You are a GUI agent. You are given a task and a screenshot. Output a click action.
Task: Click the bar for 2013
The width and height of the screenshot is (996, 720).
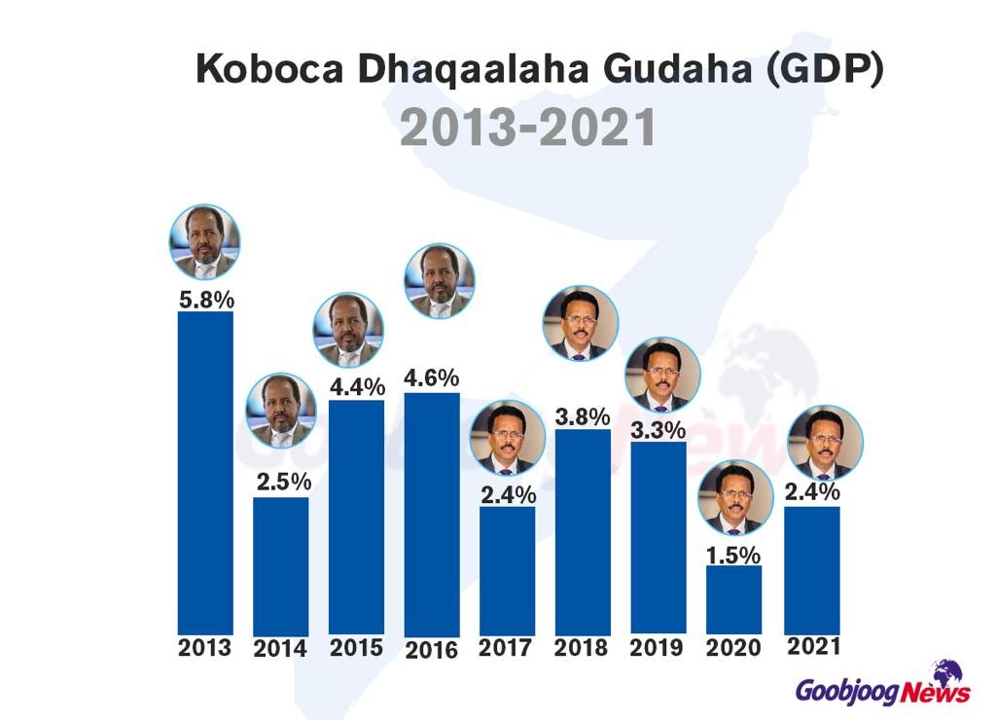[x=205, y=472]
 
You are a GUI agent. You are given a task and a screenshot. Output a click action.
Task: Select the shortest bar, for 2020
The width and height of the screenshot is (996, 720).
[x=734, y=599]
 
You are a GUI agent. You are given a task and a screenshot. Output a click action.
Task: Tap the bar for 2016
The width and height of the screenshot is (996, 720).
[x=432, y=514]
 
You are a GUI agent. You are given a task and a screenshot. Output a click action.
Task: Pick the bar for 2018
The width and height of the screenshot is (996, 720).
[x=583, y=530]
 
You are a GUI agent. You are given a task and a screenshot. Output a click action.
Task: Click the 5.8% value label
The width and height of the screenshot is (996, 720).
[x=205, y=298]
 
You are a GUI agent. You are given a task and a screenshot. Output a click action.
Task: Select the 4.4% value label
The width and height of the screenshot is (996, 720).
[x=356, y=386]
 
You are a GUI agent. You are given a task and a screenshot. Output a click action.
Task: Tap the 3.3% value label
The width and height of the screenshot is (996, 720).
[x=658, y=428]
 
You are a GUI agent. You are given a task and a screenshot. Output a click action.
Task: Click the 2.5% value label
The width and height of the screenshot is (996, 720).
[x=281, y=482]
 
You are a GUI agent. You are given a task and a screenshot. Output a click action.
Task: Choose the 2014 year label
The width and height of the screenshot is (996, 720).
[x=281, y=649]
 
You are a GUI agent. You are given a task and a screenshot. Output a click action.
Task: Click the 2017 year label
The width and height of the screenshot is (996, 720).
[x=508, y=648]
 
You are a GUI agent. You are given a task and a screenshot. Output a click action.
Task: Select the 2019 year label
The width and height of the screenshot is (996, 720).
[x=659, y=648]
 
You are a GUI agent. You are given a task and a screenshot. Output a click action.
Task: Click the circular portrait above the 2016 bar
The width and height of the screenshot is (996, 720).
[x=440, y=279]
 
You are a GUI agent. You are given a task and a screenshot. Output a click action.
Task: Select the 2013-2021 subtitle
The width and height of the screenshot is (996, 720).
[x=528, y=128]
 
